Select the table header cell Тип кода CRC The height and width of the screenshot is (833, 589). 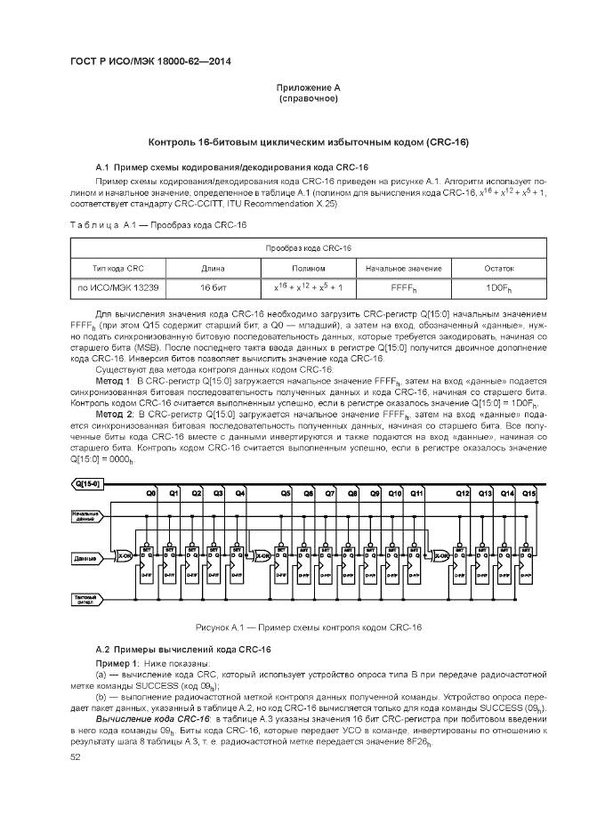click(117, 268)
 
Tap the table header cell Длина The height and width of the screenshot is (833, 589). click(212, 268)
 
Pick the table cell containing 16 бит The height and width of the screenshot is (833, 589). click(212, 288)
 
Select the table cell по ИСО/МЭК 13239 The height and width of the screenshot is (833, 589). click(117, 288)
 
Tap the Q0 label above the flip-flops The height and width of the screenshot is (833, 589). click(151, 492)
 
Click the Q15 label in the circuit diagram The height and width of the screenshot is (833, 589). click(529, 492)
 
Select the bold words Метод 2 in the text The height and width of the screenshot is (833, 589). click(115, 416)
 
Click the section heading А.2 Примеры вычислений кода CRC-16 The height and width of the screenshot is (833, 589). click(182, 650)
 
